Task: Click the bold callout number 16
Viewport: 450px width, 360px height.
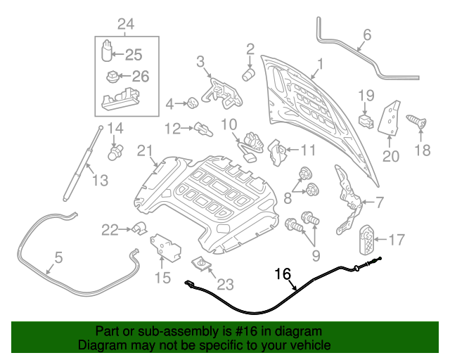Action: point(282,274)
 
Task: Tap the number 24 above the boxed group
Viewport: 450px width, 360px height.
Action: point(126,25)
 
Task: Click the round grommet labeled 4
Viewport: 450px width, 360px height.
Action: point(191,104)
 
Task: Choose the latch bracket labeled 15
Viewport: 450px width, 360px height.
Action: point(166,246)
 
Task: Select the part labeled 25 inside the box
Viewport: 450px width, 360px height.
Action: point(105,53)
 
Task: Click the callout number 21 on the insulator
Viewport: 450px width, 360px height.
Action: point(144,150)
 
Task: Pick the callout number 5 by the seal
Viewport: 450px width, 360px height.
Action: point(58,258)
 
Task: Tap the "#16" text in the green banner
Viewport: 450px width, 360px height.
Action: point(219,331)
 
